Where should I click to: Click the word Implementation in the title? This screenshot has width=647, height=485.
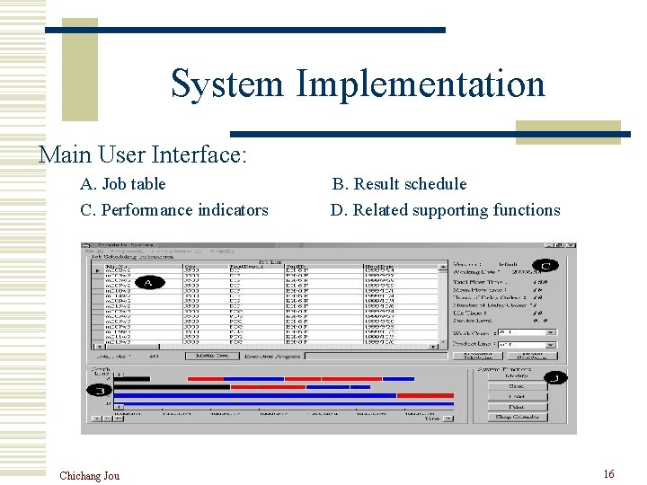click(420, 84)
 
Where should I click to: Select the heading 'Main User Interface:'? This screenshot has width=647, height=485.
click(142, 154)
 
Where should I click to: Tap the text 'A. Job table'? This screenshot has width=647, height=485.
click(123, 184)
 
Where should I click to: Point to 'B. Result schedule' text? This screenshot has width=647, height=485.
click(399, 184)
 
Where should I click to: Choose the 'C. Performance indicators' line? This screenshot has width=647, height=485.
click(174, 210)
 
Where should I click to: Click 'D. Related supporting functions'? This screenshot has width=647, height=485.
click(445, 210)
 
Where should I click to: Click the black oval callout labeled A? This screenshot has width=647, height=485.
click(149, 282)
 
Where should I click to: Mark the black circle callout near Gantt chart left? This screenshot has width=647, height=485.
click(98, 391)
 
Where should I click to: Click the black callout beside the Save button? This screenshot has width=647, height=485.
click(557, 378)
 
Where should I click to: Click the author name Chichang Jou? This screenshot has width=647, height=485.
click(89, 475)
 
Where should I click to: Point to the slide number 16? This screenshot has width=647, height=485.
click(608, 474)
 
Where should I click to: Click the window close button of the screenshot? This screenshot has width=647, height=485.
click(571, 245)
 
